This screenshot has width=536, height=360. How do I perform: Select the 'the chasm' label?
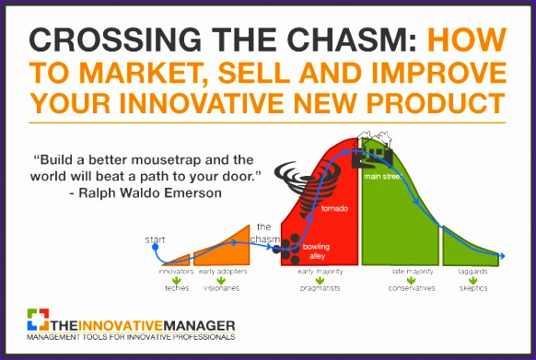pyautogui.click(x=265, y=234)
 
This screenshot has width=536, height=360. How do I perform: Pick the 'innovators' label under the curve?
pyautogui.click(x=177, y=273)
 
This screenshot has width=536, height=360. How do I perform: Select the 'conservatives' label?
pyautogui.click(x=411, y=288)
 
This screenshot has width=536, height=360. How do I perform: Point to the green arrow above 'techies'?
pyautogui.click(x=177, y=281)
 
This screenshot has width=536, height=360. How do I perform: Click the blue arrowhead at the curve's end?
pyautogui.click(x=500, y=256)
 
